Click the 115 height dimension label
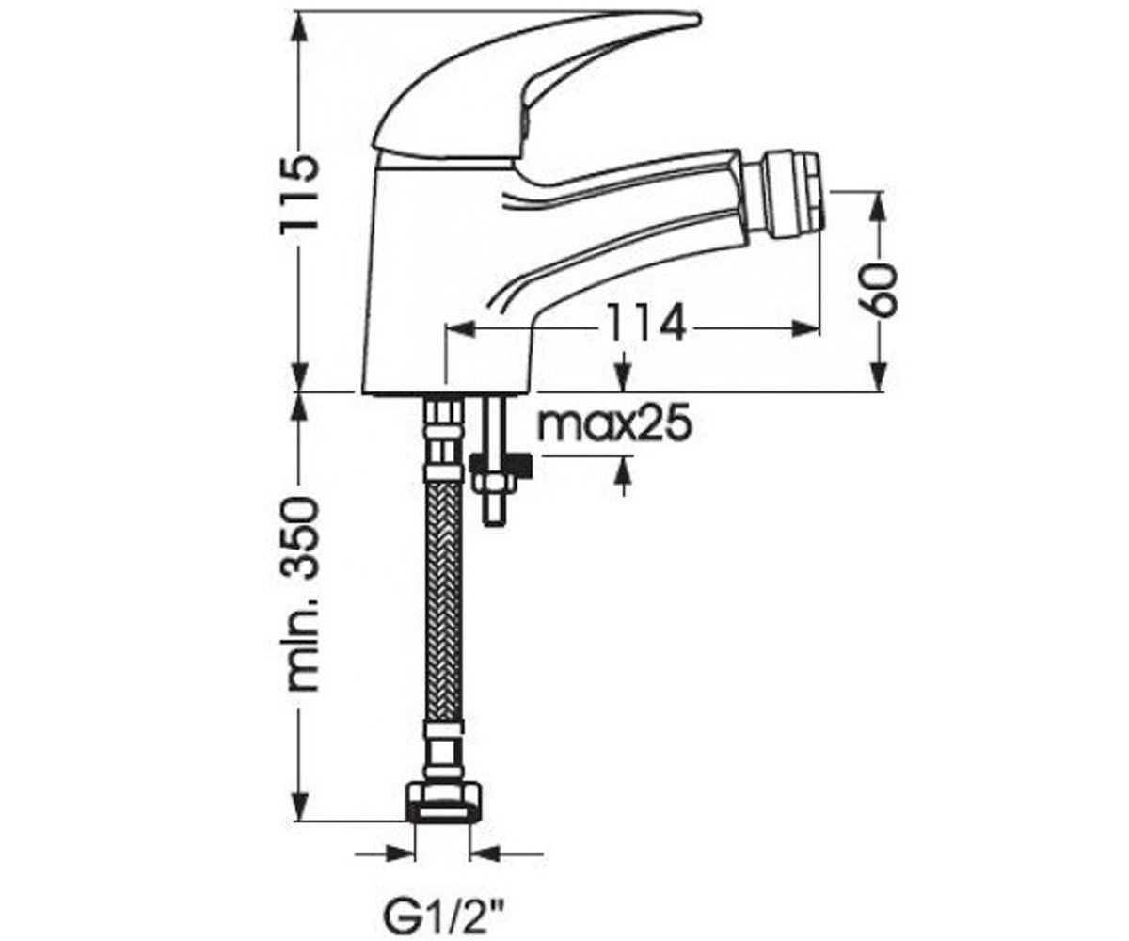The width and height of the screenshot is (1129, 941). pos(296,194)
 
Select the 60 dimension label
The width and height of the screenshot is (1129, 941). pos(879,290)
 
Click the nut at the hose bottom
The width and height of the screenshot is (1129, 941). pos(442,810)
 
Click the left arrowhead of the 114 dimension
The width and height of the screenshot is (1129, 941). pos(461,327)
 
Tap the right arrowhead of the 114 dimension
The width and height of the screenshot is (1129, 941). pos(806,327)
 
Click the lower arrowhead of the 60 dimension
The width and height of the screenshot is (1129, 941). pos(879,375)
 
